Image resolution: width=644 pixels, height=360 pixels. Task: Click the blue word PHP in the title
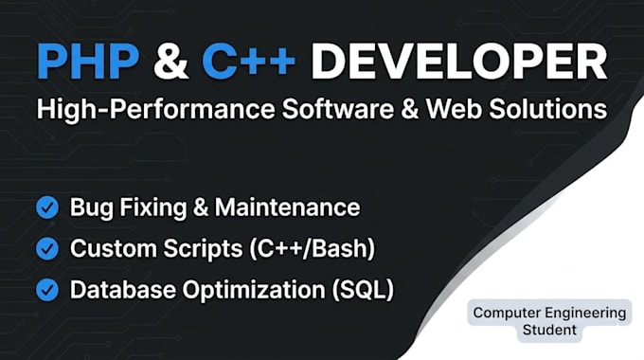click(x=88, y=62)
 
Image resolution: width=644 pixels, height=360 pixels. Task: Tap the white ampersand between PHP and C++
click(x=170, y=62)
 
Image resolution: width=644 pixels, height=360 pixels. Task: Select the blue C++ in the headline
click(x=248, y=62)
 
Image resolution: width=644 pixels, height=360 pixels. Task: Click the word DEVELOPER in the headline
click(x=458, y=62)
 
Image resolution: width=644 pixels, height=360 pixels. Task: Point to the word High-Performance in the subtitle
click(x=155, y=109)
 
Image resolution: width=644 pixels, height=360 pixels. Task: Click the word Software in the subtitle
click(x=337, y=109)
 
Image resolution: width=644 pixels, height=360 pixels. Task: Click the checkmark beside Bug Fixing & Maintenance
click(x=47, y=207)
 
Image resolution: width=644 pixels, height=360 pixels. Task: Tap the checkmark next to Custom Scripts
click(x=47, y=248)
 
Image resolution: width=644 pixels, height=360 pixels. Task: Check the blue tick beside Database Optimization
click(x=47, y=290)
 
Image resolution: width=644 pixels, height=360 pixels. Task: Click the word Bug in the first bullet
click(x=91, y=207)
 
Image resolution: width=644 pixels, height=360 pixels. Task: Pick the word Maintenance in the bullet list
click(x=288, y=207)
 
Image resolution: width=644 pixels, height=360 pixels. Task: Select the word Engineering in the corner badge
click(x=586, y=314)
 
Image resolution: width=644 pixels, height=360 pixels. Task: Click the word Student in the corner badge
click(x=549, y=330)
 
